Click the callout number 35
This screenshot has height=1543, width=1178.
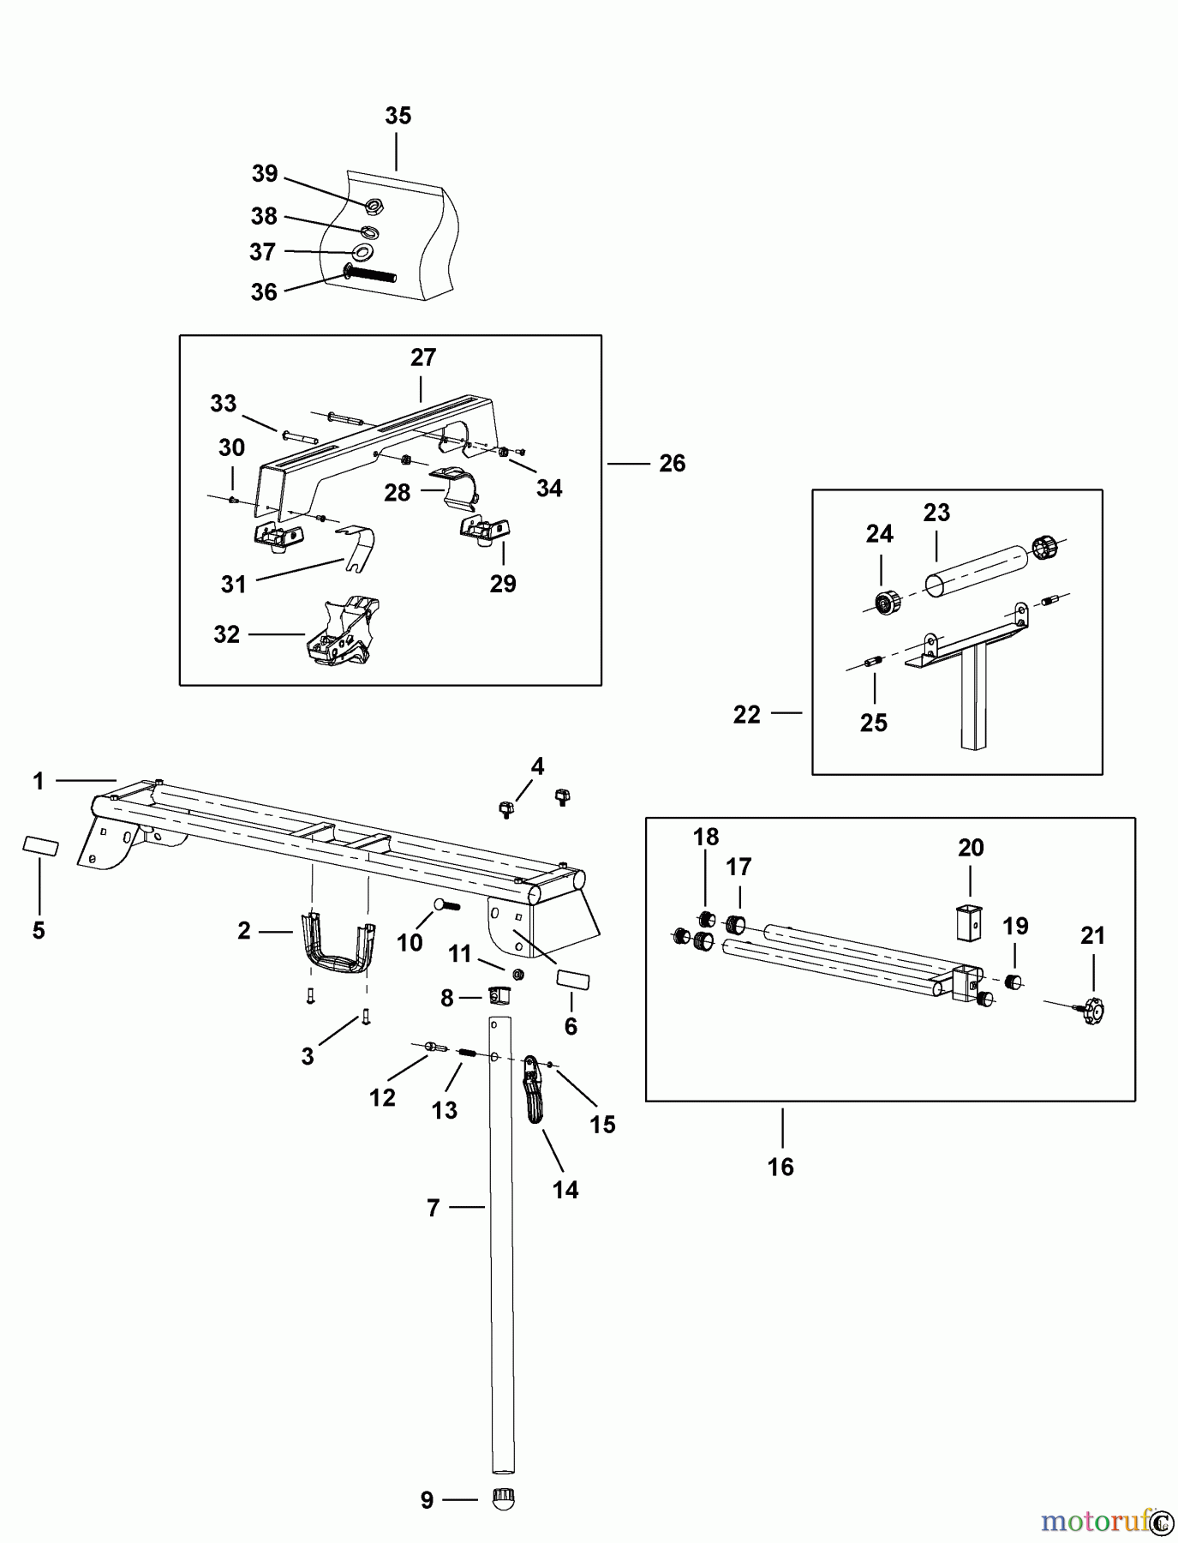coord(398,116)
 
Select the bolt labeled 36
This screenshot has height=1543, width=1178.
coord(370,275)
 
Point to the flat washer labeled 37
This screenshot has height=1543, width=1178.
coord(362,252)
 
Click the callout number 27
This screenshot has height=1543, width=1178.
coord(423,357)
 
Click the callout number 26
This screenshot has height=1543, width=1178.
coord(673,464)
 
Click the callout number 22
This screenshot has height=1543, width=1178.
coord(746,715)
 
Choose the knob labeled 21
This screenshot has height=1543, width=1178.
coord(1093,1010)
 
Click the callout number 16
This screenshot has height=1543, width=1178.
coord(780,1167)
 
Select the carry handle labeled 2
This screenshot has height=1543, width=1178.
coord(338,946)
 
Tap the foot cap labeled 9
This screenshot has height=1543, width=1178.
coord(502,1499)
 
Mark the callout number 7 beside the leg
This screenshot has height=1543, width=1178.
coord(433,1208)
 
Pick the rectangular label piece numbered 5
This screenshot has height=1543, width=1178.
coord(40,847)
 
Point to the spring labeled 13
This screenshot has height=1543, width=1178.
coord(468,1054)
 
